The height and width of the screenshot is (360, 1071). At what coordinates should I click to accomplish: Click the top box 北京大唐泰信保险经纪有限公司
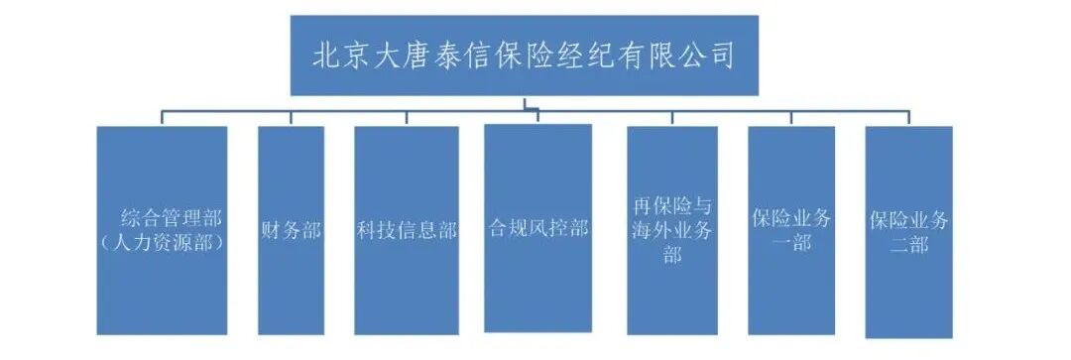pos(524,56)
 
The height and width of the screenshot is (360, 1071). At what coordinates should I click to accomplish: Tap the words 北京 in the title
pos(330,56)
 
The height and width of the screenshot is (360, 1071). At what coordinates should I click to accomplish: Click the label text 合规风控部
pos(538,229)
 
